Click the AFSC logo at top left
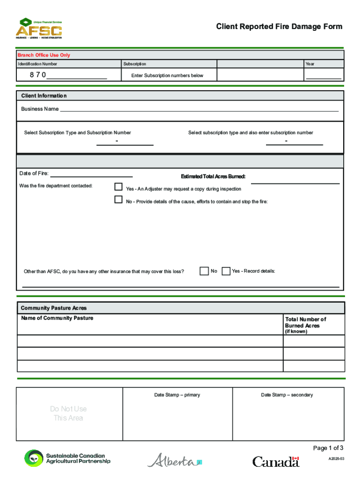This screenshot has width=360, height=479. click(39, 28)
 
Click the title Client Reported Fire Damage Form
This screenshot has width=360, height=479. click(279, 27)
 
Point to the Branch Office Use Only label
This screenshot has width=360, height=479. click(44, 55)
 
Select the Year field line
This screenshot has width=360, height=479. click(323, 75)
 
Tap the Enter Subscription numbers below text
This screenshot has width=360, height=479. click(167, 75)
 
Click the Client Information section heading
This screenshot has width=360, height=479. click(44, 96)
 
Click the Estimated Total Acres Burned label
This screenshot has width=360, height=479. click(213, 177)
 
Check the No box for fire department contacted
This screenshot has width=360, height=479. click(118, 200)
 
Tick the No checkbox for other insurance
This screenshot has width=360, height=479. click(204, 271)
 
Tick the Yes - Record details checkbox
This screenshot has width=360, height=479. click(226, 271)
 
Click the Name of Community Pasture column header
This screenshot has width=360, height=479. click(57, 318)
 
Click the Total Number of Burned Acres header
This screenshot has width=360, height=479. click(305, 323)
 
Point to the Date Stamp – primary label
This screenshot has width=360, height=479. click(177, 395)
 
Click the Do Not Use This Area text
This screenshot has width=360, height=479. click(68, 414)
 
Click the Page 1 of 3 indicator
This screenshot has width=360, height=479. click(328, 448)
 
